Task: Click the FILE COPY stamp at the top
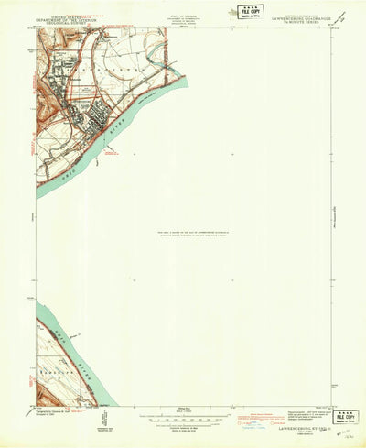(x=248, y=12)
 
